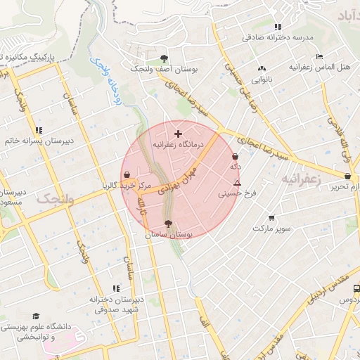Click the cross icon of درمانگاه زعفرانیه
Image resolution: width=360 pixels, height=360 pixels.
(178, 133)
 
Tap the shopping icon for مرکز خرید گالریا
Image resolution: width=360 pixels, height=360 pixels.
(127, 174)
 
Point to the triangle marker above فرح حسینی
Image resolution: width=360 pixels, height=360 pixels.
(238, 183)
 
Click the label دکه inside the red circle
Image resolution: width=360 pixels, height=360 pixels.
(236, 167)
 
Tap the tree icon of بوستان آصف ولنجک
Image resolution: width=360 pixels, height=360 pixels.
(164, 58)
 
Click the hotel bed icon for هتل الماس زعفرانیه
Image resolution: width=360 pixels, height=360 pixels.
(319, 56)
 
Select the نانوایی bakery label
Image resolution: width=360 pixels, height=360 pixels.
(261, 80)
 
